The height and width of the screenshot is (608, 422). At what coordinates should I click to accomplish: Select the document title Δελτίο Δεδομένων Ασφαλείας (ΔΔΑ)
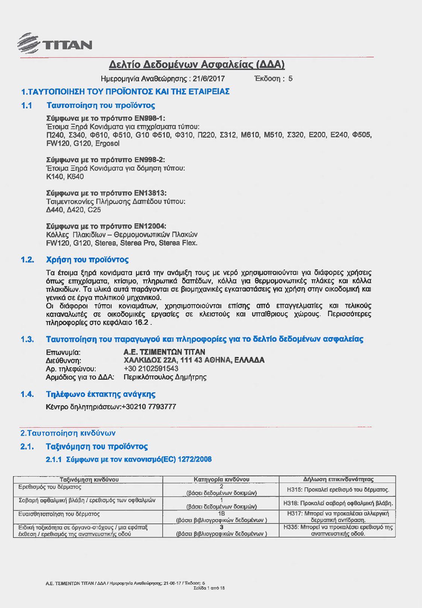pos(197,64)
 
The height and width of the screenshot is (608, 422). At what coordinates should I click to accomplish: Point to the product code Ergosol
pos(107,143)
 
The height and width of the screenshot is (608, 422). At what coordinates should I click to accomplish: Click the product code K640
pos(76,176)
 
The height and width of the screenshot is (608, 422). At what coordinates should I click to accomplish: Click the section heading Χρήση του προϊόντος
pos(87,260)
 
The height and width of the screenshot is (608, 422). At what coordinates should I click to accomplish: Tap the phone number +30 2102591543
pos(151,369)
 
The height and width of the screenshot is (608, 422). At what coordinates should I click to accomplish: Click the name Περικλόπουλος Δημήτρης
pos(165,377)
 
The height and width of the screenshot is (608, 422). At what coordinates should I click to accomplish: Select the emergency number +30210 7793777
pos(149,407)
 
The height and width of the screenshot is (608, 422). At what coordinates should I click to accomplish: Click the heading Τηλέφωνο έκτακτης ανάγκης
pos(100,394)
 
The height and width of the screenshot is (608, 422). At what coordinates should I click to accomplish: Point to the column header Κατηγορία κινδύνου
pos(221,479)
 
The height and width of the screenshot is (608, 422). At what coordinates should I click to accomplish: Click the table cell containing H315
pos(337,489)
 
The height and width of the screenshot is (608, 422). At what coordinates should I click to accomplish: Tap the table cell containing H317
pos(337,517)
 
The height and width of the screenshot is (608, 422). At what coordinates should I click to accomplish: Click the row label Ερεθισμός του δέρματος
pos(50,487)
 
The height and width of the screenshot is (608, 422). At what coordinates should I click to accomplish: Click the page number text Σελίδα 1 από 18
pos(209,588)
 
